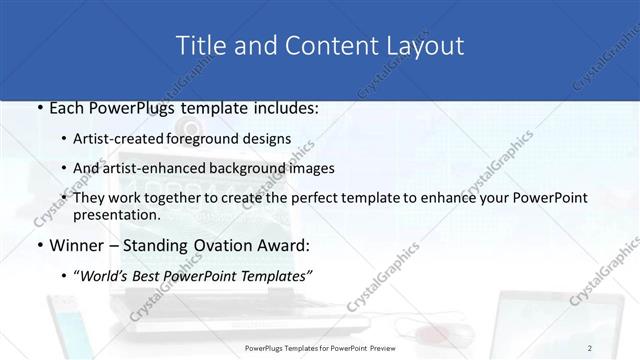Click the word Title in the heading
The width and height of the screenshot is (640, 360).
tap(199, 46)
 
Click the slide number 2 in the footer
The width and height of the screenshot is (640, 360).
tap(618, 347)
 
